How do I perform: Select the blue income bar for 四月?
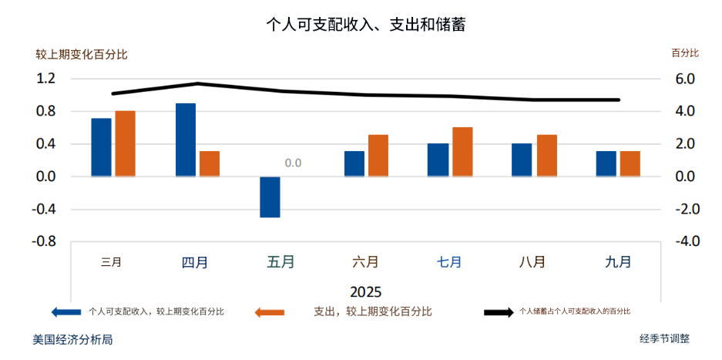(186, 140)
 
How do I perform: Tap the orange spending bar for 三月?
(126, 143)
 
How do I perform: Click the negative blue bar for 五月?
(270, 197)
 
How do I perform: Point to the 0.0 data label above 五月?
(293, 163)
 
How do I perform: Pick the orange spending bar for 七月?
(462, 152)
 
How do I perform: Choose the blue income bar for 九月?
(606, 163)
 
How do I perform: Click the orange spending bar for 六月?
(378, 156)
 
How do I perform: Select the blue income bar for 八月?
(522, 160)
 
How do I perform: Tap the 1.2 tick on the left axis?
(46, 79)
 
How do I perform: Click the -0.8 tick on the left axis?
(45, 241)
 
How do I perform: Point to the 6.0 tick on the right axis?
(685, 79)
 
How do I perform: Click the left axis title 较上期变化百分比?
(82, 55)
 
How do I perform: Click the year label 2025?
(365, 292)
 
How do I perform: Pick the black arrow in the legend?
(498, 312)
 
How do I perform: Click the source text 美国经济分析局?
(73, 339)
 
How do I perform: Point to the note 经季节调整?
(664, 338)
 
